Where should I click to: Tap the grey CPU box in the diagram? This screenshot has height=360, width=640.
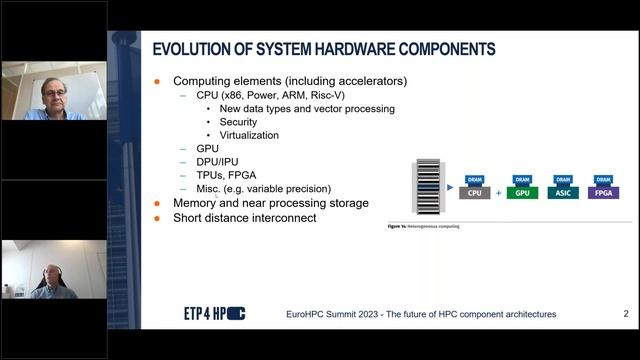pos(475,192)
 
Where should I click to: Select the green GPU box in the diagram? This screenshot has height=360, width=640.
pos(521,192)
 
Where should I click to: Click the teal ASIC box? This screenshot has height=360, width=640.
pos(563,192)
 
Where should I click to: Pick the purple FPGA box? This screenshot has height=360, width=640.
pos(604,192)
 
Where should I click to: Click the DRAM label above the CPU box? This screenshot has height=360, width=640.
pos(475,179)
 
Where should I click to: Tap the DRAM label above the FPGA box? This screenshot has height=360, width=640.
pos(604,179)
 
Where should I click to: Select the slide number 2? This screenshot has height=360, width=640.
pos(626,314)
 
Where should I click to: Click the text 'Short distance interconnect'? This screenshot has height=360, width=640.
pos(244,217)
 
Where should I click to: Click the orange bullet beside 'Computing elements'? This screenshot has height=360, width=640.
pos(157,81)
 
